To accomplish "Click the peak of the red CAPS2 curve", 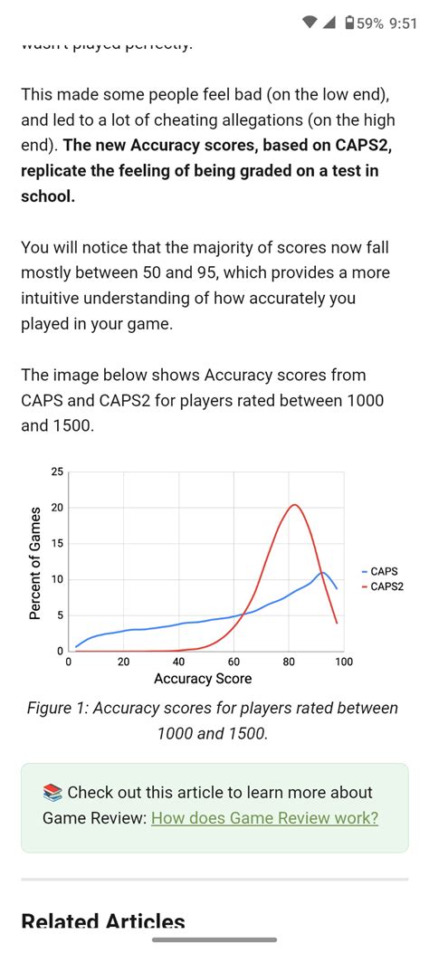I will (293, 505).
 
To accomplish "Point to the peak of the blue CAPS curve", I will (321, 572).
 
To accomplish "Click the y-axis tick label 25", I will (58, 472).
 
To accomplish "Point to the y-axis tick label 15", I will (58, 543).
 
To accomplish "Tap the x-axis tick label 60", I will (234, 662).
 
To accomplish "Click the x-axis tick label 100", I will (343, 662).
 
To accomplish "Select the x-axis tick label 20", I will (123, 662).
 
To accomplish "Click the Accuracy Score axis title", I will (203, 679).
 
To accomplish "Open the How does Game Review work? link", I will (264, 818).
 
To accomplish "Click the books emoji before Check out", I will (52, 793).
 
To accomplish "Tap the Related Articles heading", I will (103, 923).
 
